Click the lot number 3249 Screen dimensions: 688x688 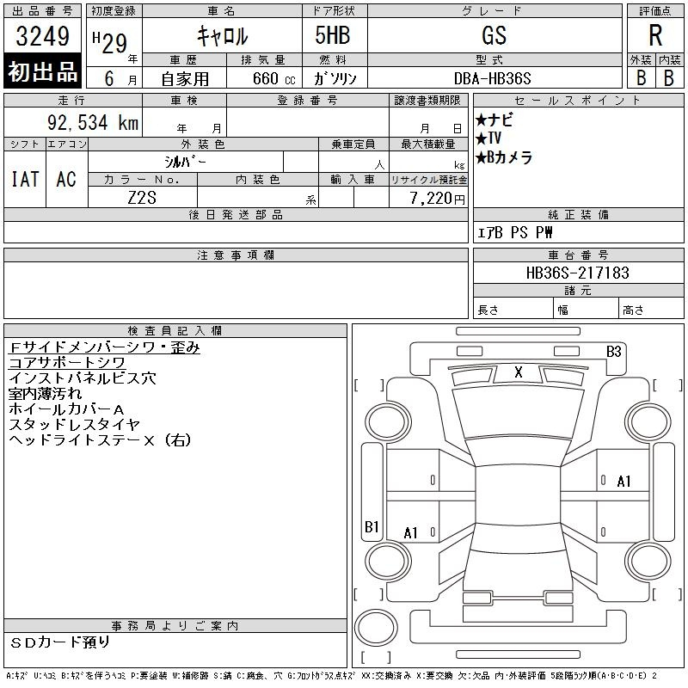[42, 36]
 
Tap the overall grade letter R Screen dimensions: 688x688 [655, 35]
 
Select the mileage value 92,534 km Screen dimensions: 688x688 [93, 122]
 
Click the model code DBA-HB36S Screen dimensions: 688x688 [492, 78]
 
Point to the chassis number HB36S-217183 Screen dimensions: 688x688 [577, 273]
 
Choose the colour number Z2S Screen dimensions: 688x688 [142, 198]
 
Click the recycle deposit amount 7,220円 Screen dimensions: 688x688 [437, 199]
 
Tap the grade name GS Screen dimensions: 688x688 [494, 35]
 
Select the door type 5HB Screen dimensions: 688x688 [333, 35]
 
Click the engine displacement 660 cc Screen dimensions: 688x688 [273, 78]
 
